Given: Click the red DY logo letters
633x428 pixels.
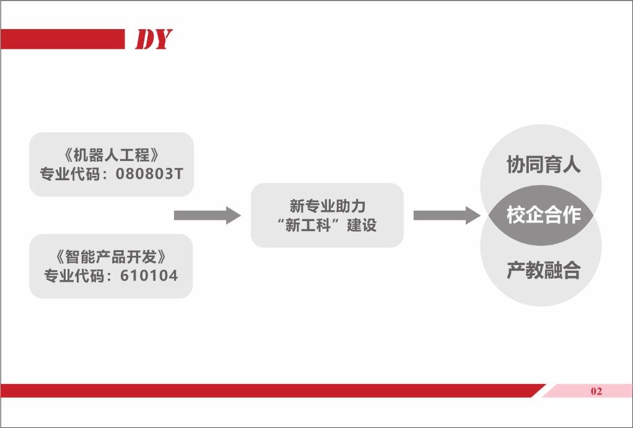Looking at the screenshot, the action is tap(154, 39).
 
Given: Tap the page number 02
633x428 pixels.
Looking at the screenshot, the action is tap(596, 391).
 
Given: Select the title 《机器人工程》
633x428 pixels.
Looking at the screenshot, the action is tap(111, 155).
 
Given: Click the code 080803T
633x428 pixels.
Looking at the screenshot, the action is tap(149, 174).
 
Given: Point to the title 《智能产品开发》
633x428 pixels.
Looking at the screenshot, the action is tap(111, 257).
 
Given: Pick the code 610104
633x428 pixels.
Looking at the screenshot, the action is tap(149, 276).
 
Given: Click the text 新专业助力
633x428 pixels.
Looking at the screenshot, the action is tap(328, 206).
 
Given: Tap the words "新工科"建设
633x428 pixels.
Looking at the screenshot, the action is tap(327, 225).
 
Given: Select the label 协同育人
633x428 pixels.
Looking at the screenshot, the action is tap(543, 164).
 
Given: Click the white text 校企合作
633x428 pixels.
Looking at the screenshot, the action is tap(543, 214).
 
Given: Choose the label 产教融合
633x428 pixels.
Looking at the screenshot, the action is tap(543, 270).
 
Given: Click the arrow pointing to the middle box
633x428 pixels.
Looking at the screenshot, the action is tap(207, 215).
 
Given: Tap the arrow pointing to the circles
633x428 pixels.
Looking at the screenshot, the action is tap(447, 215).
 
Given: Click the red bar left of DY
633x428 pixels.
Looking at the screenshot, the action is tap(63, 39).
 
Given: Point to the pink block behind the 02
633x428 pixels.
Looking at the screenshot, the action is tap(587, 391).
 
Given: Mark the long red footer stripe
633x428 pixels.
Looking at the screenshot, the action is tap(273, 391).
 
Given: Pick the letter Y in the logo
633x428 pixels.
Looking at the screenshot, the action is tap(163, 39).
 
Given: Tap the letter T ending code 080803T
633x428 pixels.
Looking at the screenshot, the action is tap(179, 174).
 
